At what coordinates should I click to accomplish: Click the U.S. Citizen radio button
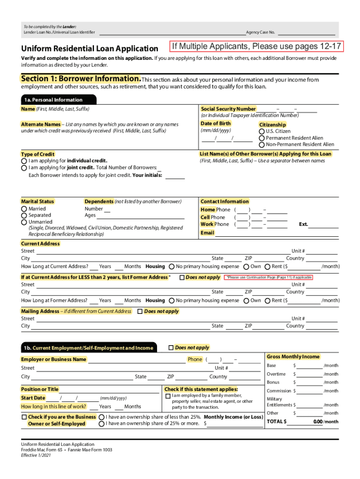pos(262,131)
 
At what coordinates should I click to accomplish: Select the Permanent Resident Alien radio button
pos(262,138)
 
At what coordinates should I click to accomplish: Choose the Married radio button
pos(24,209)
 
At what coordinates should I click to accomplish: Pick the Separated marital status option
pos(24,215)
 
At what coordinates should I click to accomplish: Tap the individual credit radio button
pos(24,160)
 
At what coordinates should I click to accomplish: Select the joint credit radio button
pos(24,167)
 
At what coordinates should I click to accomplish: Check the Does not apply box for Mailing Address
pos(140,312)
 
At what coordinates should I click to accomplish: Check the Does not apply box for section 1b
pos(171,348)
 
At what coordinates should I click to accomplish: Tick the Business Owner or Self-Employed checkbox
pos(24,417)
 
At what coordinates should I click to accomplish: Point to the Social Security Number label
pos(228,109)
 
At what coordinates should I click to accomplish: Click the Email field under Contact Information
pos(276,233)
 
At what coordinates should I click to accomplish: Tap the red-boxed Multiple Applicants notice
pos(256,46)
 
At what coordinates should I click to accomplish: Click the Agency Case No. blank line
pos(306,32)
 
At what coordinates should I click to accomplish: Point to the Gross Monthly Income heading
pos(293,356)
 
